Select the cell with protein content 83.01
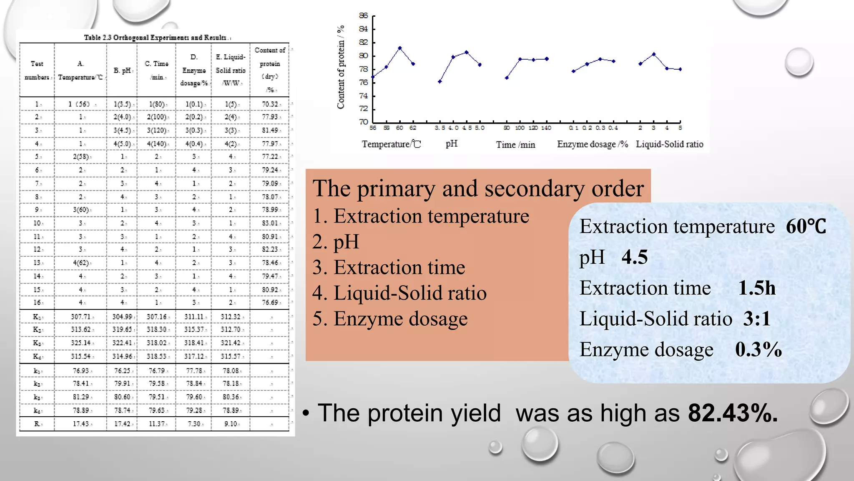[270, 223]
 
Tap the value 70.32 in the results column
[270, 104]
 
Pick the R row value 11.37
[157, 423]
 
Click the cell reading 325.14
[80, 343]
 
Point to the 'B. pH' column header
[122, 71]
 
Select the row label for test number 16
[37, 302]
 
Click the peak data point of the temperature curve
[400, 48]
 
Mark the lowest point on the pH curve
[440, 81]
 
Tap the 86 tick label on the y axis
[363, 16]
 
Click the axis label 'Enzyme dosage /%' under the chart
[592, 144]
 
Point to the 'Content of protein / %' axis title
[341, 67]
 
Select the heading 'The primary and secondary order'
[478, 188]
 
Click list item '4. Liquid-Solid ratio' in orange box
[399, 293]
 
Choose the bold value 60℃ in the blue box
[806, 227]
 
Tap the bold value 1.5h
[756, 288]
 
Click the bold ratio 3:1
[756, 319]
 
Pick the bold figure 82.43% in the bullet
[733, 413]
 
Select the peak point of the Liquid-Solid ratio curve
[653, 54]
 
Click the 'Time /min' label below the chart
[515, 145]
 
